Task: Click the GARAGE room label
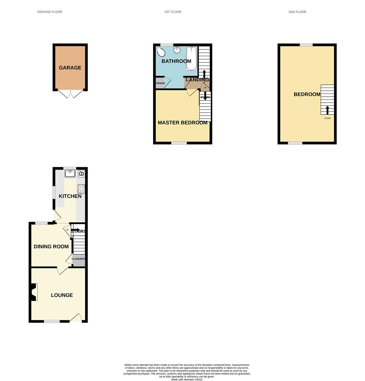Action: pos(70,68)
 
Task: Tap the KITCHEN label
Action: pos(70,196)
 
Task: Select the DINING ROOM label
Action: pos(51,247)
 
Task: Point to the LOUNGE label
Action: pos(62,295)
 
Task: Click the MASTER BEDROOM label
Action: pos(182,123)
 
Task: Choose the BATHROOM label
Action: pos(176,61)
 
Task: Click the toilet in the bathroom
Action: pos(160,52)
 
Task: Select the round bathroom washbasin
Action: pos(177,50)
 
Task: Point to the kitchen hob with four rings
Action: pos(81,189)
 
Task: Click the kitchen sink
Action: pos(70,173)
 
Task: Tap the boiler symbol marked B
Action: pos(81,174)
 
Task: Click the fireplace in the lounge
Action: pos(34,292)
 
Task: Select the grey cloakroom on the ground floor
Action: pos(79,260)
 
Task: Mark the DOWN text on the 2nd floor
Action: pos(328,119)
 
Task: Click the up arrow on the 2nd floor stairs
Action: pos(327,109)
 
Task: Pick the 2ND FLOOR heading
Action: pos(297,12)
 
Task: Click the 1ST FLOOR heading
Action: pos(173,12)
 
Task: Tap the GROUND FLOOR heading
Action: pos(50,12)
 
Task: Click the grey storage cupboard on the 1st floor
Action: pos(160,84)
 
